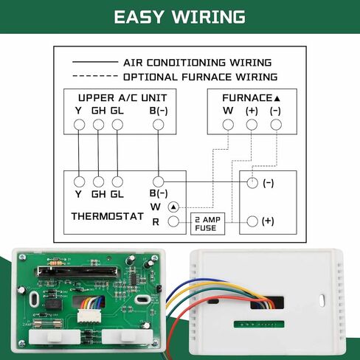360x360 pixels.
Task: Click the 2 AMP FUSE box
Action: (208, 224)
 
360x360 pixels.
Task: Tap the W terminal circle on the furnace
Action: (228, 125)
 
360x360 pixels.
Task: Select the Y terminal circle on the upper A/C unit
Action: (79, 125)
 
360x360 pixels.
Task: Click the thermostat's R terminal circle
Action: (173, 221)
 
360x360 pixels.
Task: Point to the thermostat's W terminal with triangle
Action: (173, 207)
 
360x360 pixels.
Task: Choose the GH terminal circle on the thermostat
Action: (98, 182)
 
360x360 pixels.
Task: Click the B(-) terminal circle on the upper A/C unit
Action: (158, 125)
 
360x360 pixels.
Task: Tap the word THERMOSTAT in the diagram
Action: (108, 216)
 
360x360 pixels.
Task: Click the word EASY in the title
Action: (139, 17)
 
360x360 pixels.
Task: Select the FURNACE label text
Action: (247, 98)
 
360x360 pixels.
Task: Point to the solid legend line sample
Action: (95, 62)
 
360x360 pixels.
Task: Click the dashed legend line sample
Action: (95, 76)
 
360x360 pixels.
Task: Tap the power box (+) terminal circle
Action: (252, 221)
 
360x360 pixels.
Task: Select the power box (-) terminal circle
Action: (252, 183)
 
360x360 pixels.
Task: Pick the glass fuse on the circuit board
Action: (47, 322)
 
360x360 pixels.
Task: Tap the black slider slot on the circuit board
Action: (77, 271)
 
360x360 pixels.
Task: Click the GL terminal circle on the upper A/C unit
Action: (117, 125)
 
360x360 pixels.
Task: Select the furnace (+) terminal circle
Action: (252, 125)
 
